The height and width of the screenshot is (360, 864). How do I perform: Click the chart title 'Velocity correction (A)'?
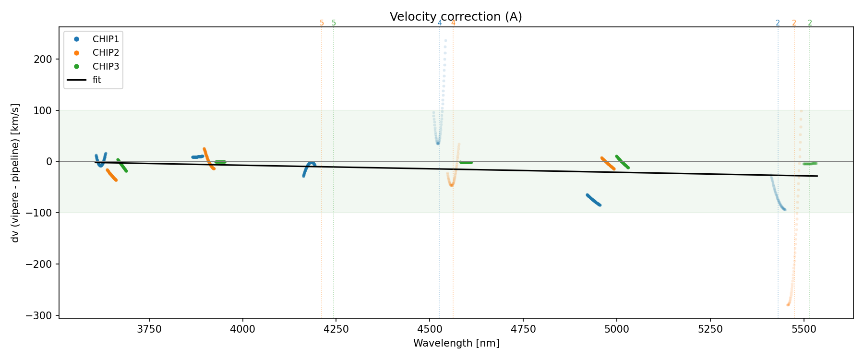[456, 17]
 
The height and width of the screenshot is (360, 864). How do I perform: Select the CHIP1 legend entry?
[106, 39]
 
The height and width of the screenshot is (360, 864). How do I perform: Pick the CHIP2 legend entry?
[106, 53]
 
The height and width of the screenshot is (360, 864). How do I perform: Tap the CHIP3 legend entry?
[106, 66]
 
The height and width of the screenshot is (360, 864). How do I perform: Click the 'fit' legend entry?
[97, 80]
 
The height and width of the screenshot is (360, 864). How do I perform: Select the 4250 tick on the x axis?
[336, 329]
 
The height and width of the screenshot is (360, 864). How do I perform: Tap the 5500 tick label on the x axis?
[803, 329]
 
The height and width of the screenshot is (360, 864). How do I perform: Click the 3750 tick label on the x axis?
[149, 329]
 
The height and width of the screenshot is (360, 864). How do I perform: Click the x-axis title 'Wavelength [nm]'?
[456, 343]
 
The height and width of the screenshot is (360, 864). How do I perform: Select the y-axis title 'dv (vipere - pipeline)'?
[15, 173]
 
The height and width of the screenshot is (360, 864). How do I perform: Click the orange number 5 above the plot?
[322, 23]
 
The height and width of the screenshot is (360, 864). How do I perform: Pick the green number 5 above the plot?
[334, 23]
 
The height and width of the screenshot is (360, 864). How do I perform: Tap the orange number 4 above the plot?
[453, 23]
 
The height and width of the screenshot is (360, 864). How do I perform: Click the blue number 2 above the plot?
[778, 23]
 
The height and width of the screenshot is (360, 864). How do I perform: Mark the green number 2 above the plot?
[810, 23]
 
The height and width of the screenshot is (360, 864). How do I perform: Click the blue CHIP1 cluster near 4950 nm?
[593, 200]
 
